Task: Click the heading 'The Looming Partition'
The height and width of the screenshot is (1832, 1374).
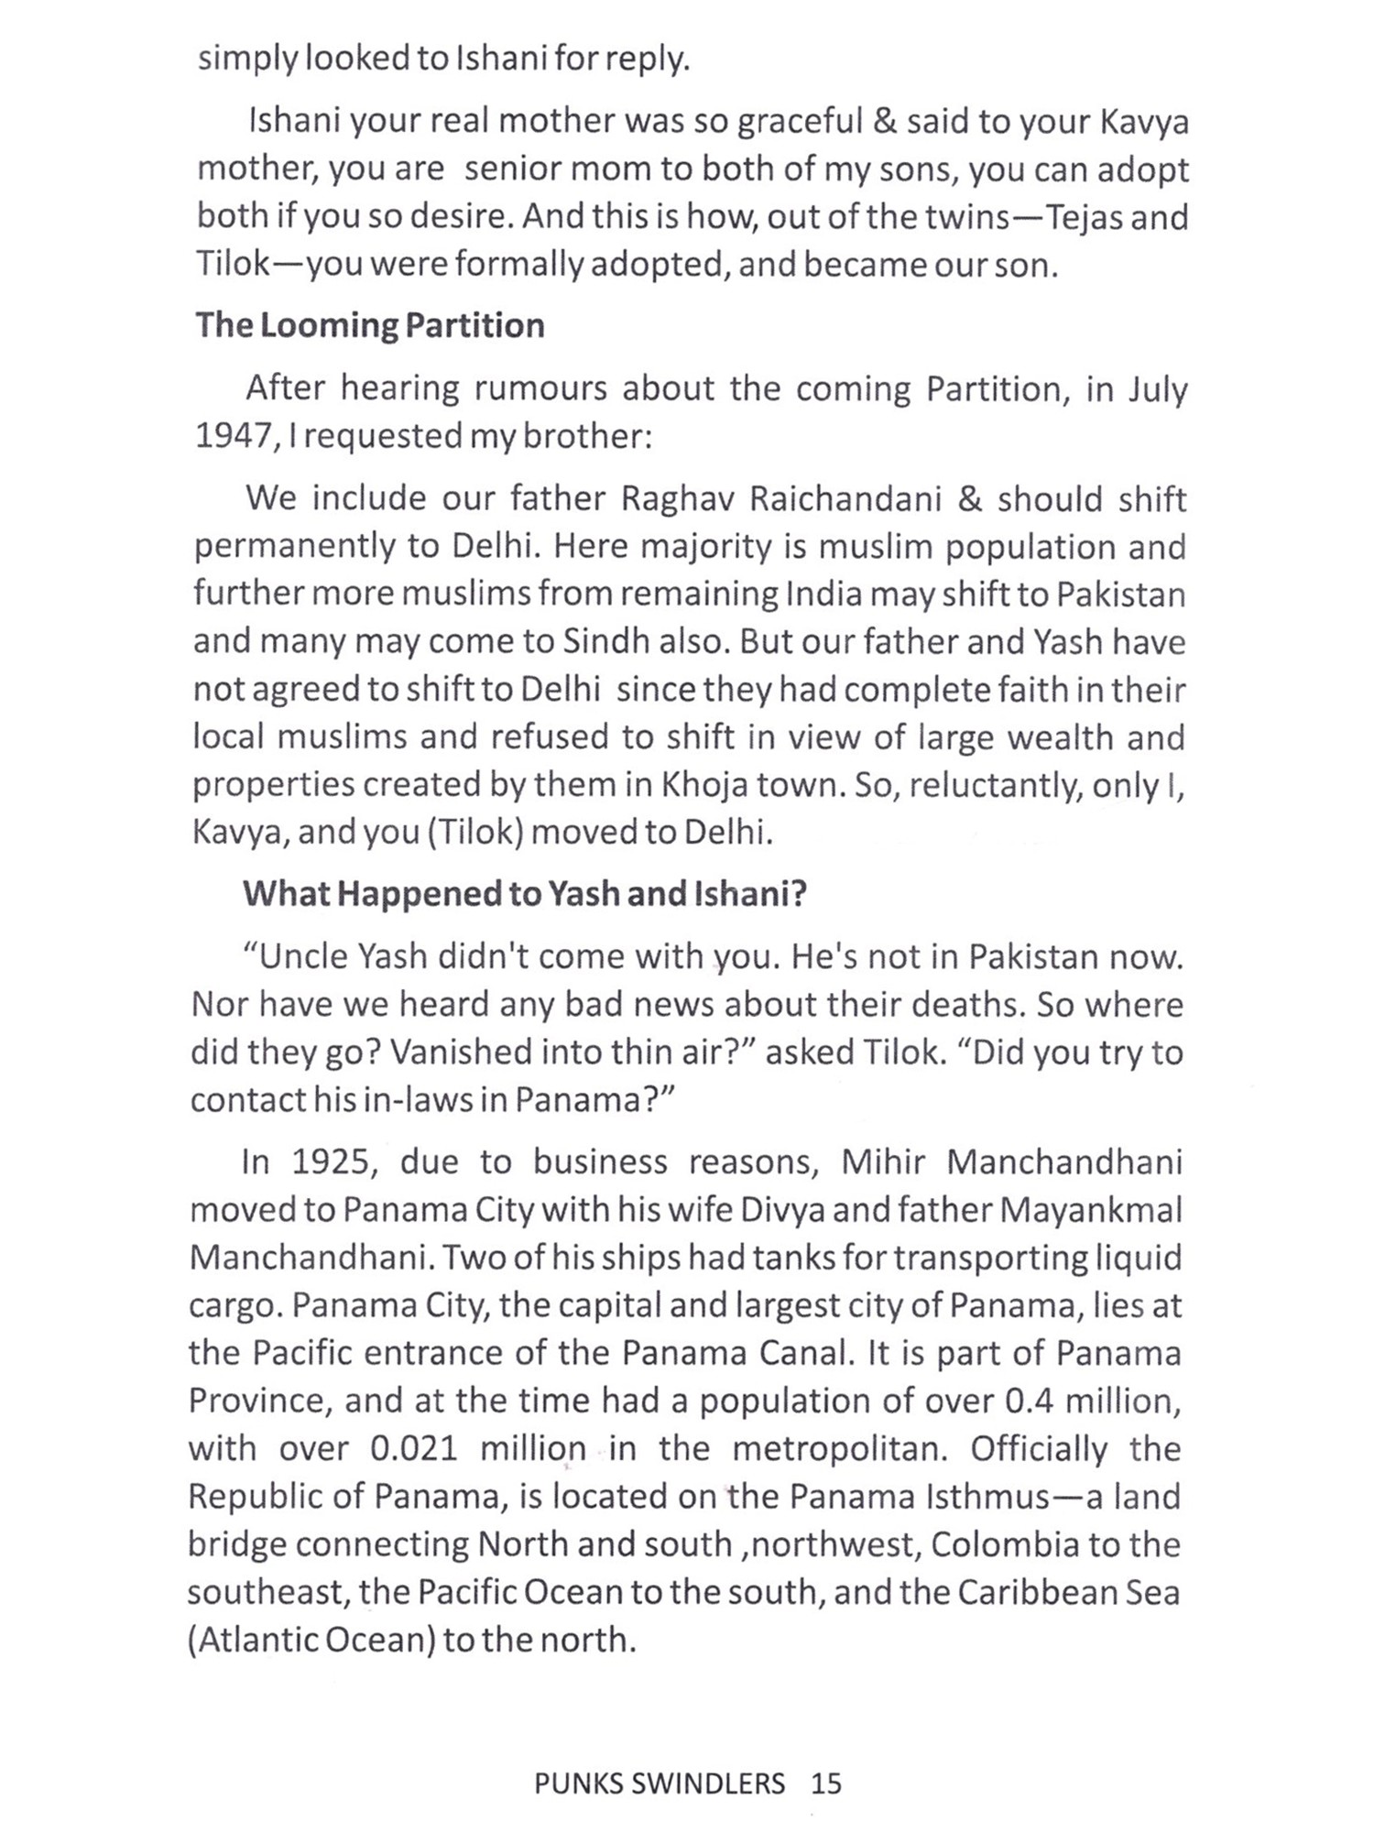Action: (x=370, y=325)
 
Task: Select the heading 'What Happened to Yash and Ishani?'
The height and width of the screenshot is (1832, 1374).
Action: (x=525, y=893)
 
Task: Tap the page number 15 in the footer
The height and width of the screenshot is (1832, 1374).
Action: (x=825, y=1783)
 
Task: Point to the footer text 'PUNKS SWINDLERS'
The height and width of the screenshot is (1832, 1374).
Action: (x=660, y=1783)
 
